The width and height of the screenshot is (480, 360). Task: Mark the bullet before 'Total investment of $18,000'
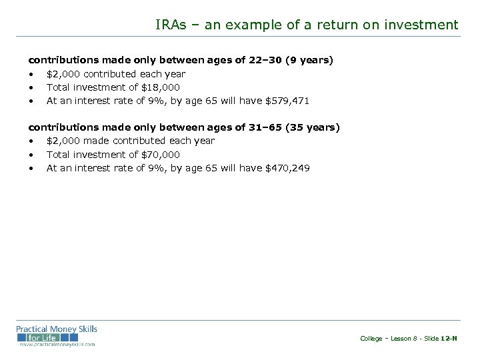(x=31, y=87)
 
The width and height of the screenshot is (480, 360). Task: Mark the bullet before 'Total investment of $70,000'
(x=31, y=154)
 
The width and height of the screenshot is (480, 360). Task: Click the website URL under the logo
(x=57, y=344)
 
